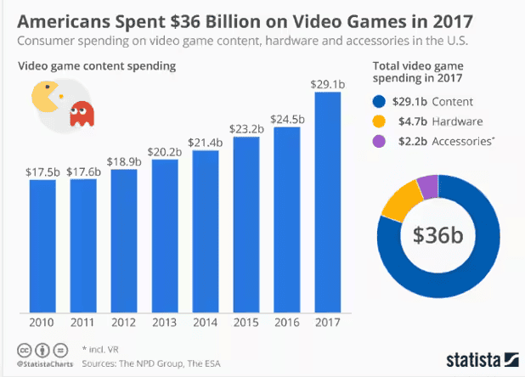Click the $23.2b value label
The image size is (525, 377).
point(246,130)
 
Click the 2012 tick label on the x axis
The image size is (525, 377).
point(124,324)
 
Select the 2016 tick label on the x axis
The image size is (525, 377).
point(287,324)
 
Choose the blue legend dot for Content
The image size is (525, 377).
point(380,101)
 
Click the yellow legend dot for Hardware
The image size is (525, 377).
point(380,121)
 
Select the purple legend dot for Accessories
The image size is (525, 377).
point(380,142)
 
